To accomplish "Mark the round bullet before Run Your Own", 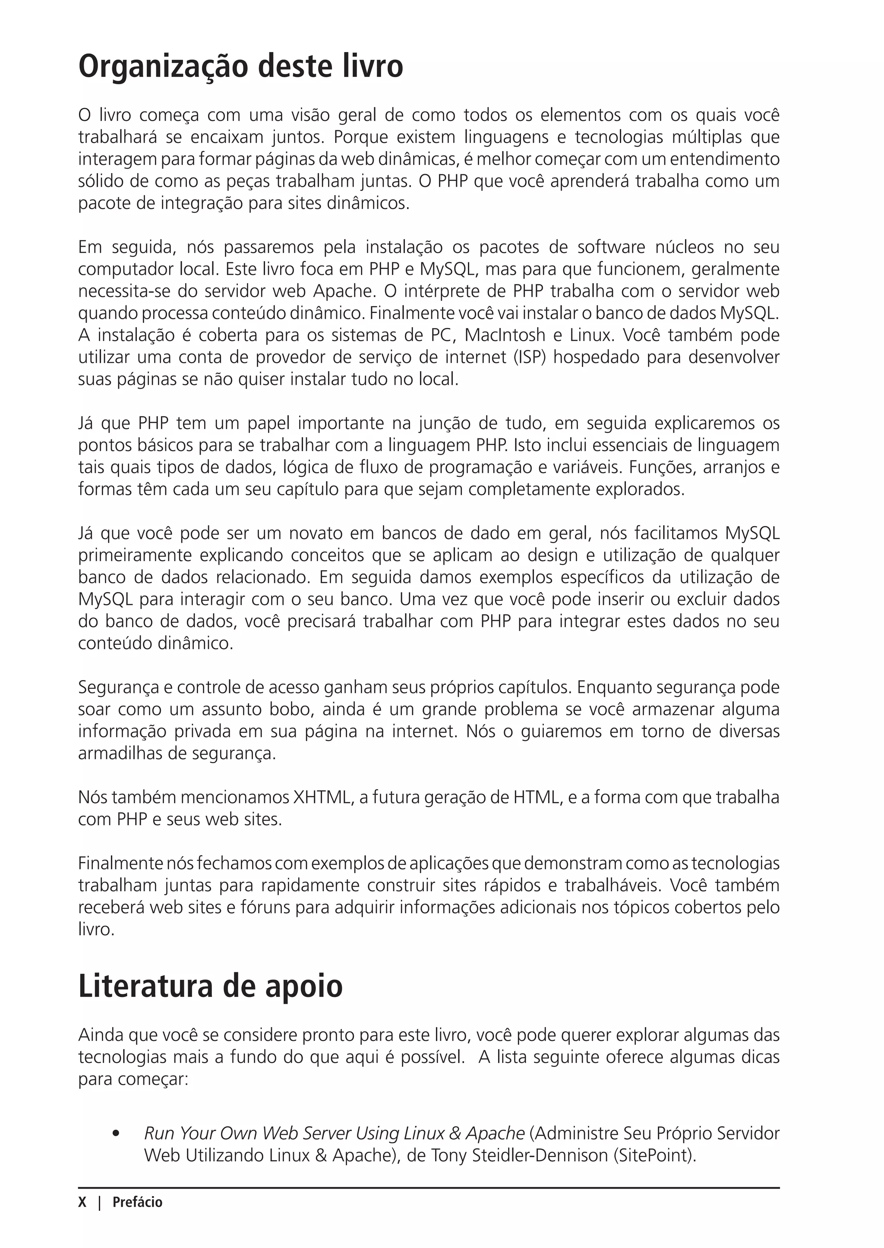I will (115, 1134).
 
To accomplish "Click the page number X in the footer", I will (82, 1202).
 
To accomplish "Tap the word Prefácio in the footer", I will (137, 1202).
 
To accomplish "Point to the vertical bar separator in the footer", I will (100, 1202).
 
